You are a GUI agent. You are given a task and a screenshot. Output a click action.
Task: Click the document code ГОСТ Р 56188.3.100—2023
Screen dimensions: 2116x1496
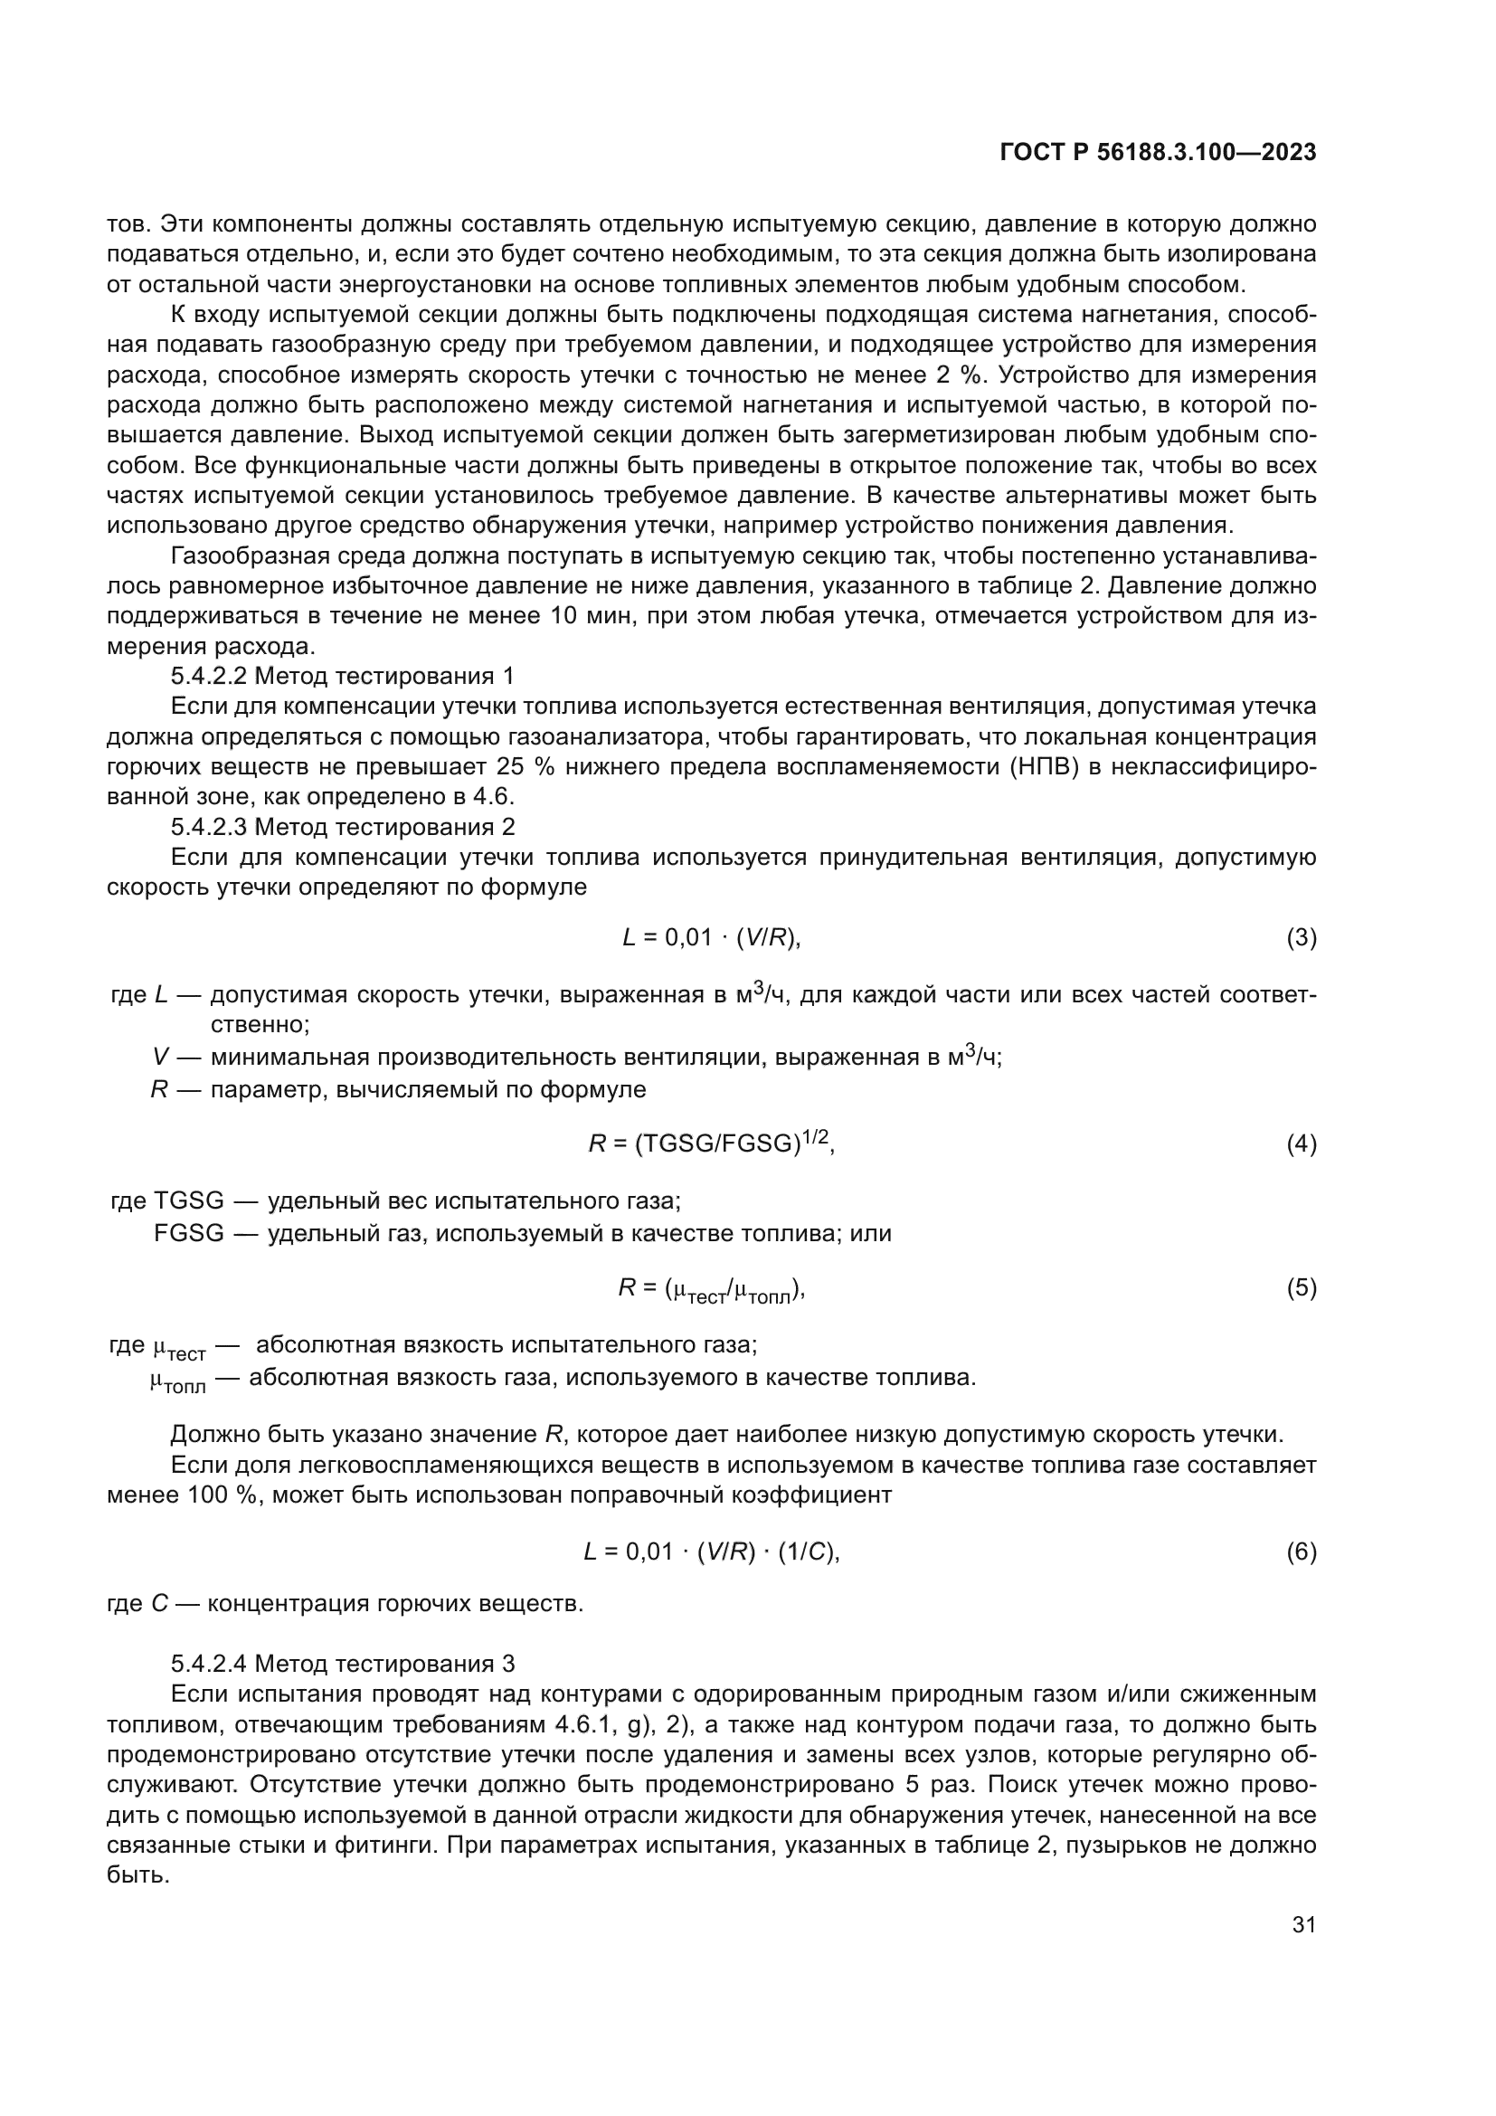1158,153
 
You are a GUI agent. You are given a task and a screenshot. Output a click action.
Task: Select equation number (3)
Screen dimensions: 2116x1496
1301,938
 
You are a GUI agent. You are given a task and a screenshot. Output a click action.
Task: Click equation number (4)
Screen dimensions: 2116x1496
1301,1144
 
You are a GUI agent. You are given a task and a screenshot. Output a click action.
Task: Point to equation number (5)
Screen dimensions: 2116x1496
1301,1287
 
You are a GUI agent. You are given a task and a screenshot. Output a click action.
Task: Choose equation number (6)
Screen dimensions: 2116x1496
1301,1552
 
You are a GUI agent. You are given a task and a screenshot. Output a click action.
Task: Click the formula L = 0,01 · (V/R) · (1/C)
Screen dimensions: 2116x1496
711,1552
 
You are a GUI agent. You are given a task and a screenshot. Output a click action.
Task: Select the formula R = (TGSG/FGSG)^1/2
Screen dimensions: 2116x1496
711,1143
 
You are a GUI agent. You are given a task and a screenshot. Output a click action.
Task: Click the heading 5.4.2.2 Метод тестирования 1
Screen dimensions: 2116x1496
342,677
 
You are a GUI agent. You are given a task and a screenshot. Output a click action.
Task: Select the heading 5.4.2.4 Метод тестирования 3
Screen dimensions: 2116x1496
342,1665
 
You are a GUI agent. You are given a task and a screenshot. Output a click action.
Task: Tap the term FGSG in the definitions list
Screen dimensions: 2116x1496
189,1233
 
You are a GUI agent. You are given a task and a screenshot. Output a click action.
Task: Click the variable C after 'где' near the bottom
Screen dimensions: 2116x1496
159,1605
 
